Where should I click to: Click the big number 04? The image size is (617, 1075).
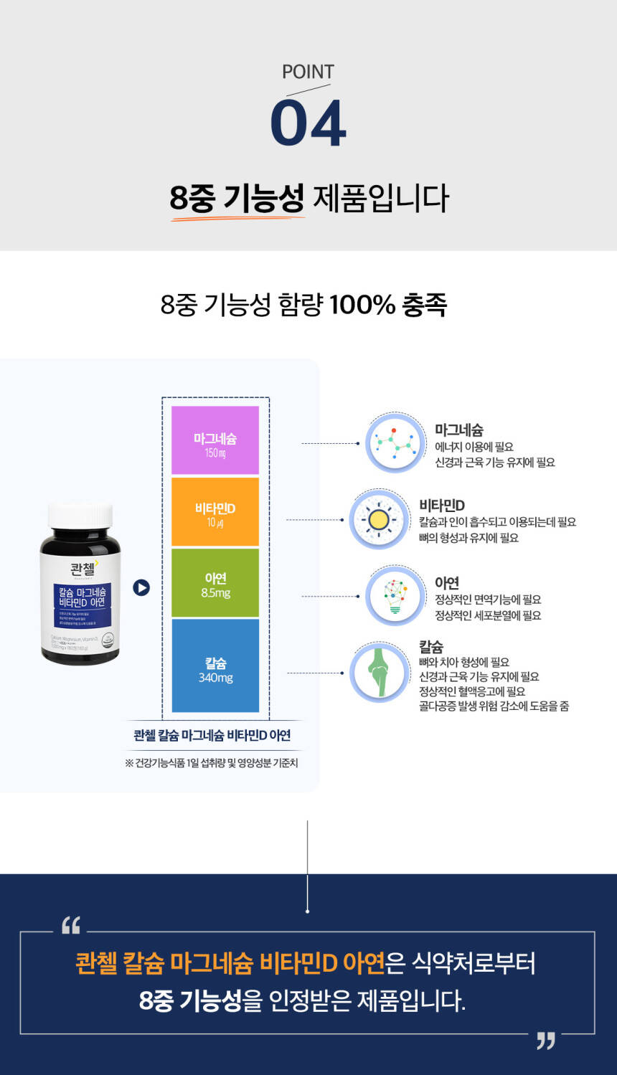click(x=308, y=124)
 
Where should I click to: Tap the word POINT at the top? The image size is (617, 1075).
click(x=308, y=72)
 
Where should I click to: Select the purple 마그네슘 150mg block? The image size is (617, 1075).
click(x=215, y=441)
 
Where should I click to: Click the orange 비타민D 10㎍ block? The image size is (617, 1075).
click(x=215, y=512)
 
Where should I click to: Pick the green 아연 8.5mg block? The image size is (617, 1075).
click(x=215, y=583)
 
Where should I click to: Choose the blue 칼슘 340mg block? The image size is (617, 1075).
click(x=215, y=666)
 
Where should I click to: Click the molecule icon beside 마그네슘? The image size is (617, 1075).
click(x=395, y=442)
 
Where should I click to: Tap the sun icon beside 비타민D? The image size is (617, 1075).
click(x=379, y=520)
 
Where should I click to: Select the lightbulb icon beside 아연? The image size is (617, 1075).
click(x=395, y=595)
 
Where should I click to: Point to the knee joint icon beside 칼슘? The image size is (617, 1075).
click(x=380, y=673)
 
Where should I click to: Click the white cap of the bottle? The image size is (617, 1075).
click(x=80, y=514)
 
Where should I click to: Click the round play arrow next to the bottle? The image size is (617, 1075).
click(x=141, y=587)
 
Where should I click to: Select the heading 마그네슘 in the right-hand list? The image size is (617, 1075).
click(x=459, y=430)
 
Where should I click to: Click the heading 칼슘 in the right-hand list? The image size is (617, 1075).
click(x=431, y=646)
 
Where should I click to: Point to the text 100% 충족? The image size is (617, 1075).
click(x=388, y=305)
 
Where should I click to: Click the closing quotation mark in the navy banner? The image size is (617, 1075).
click(x=546, y=1041)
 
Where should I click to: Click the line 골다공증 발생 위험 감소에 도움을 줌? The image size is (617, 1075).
click(x=494, y=706)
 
